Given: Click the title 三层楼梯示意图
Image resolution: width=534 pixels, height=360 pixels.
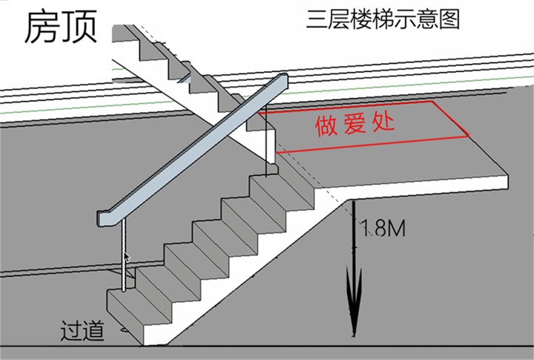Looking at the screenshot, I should pyautogui.click(x=383, y=19).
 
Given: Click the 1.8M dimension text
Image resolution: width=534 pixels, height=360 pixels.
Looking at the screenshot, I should pyautogui.click(x=382, y=229).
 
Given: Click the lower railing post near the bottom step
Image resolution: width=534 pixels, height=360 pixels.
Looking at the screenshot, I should pyautogui.click(x=122, y=256).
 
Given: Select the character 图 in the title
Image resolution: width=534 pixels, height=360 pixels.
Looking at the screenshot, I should pyautogui.click(x=449, y=19).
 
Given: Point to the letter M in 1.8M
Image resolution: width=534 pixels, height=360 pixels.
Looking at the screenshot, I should pyautogui.click(x=396, y=229).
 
